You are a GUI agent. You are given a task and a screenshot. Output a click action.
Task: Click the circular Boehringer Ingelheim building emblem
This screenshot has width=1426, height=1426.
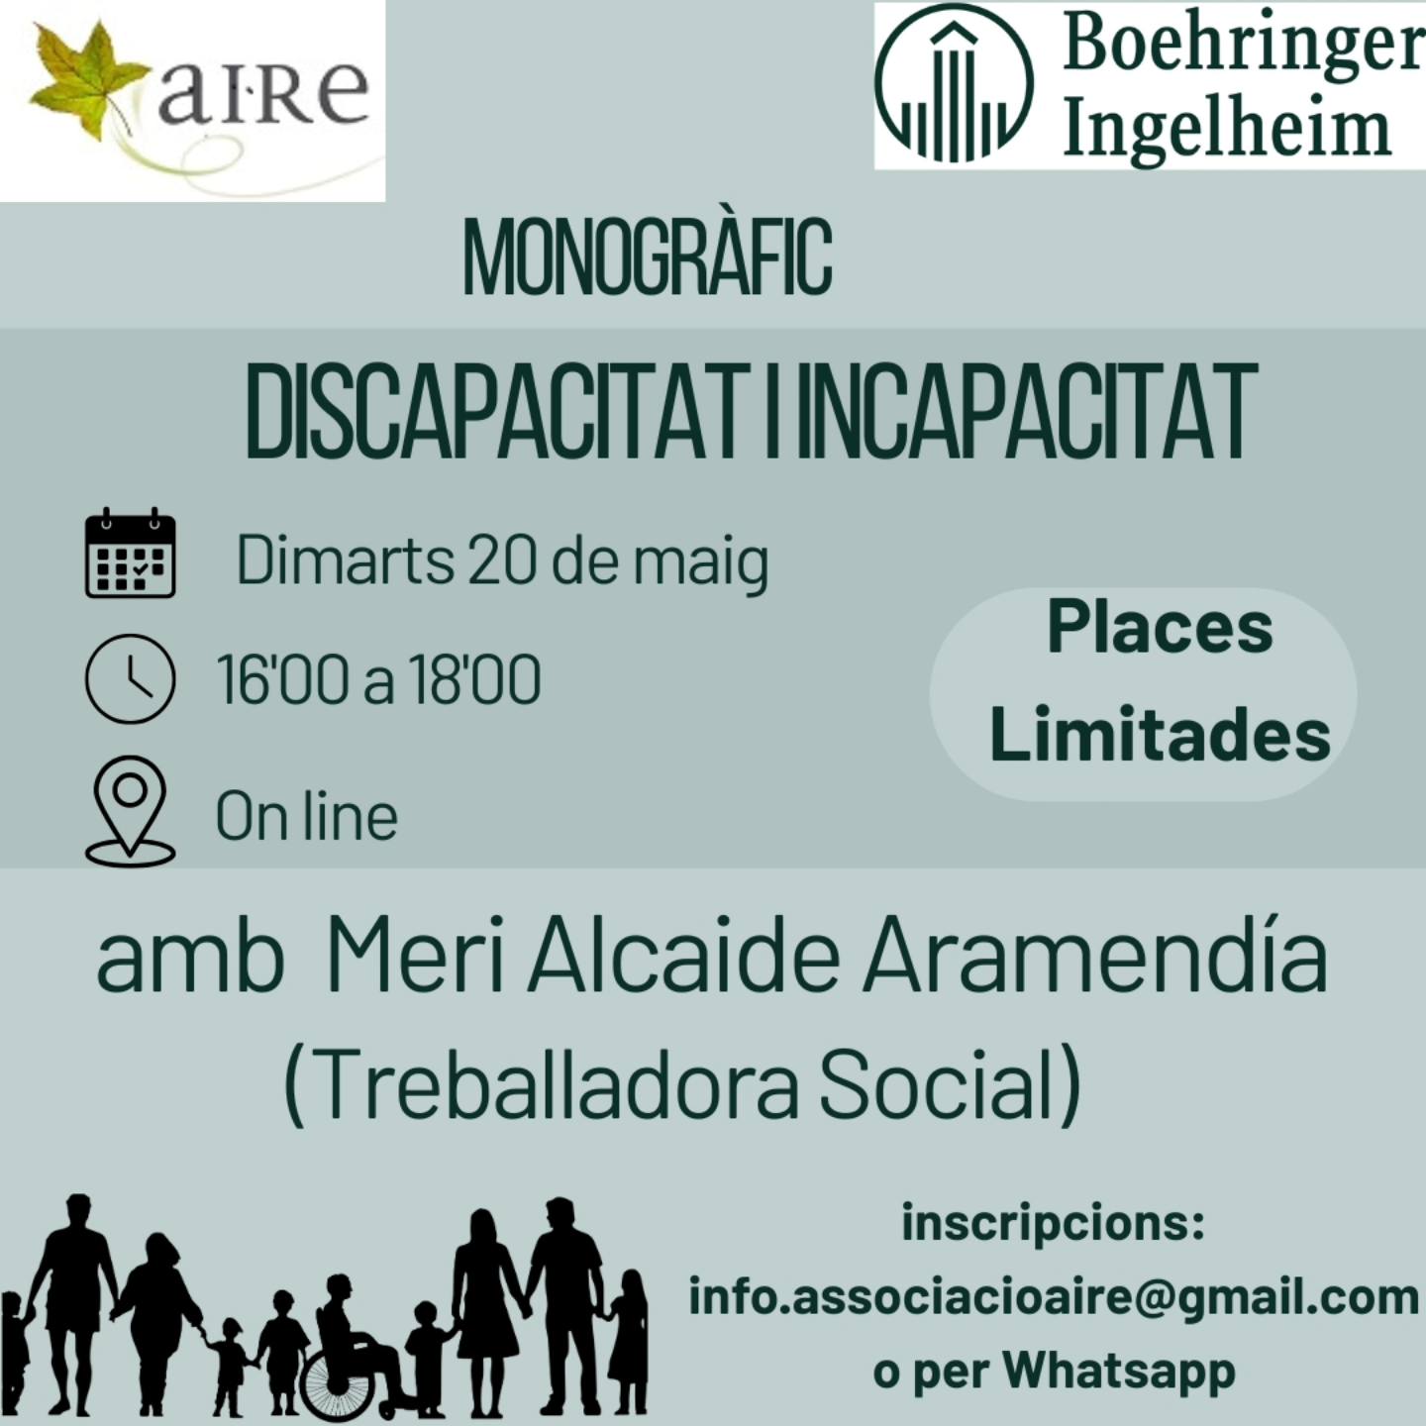click(x=954, y=86)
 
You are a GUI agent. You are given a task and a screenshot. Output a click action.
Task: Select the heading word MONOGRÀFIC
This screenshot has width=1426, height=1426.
click(x=647, y=255)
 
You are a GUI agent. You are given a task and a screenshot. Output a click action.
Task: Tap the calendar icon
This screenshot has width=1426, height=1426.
click(x=131, y=554)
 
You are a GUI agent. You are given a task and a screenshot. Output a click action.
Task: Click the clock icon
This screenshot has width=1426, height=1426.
click(x=131, y=678)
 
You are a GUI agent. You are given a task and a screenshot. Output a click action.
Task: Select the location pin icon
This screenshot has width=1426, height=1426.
click(x=131, y=810)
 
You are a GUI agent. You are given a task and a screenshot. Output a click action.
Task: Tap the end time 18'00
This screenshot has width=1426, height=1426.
click(x=474, y=679)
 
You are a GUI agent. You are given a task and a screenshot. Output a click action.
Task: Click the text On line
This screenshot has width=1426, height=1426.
click(x=306, y=817)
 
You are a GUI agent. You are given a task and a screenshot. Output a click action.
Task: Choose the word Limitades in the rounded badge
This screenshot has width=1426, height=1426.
click(x=1161, y=735)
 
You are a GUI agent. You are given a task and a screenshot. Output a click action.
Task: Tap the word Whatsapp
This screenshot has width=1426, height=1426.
click(x=1119, y=1371)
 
